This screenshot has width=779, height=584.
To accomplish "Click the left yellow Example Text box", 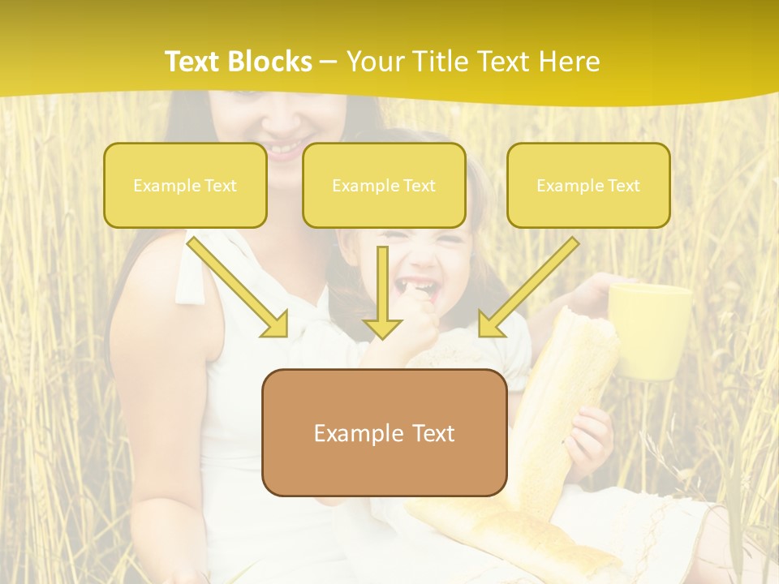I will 185,185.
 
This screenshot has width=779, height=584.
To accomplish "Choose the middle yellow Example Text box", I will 384,185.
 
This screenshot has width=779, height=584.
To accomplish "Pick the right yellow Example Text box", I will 588,185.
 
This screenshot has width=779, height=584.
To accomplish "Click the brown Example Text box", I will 384,432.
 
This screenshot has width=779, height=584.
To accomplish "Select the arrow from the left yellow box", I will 237,286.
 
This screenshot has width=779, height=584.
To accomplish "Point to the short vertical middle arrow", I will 383,292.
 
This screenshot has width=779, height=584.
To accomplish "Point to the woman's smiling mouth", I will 284,148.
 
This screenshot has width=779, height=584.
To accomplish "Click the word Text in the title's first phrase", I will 194,62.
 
